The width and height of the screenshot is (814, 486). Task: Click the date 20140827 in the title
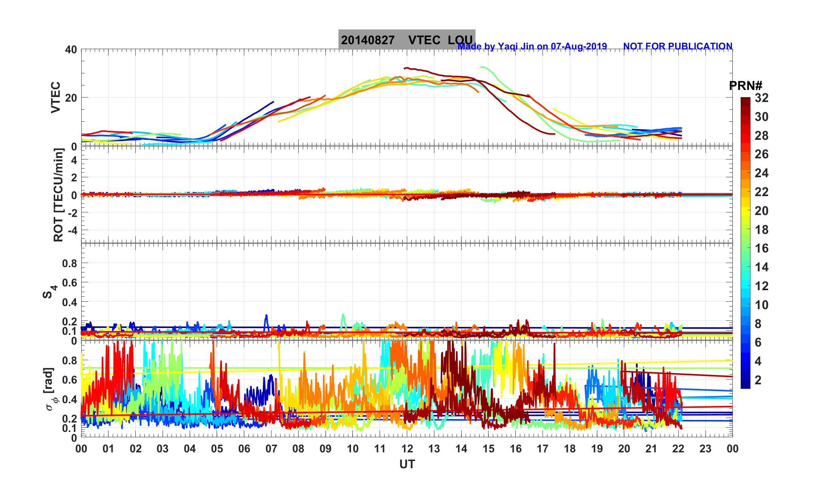(367, 40)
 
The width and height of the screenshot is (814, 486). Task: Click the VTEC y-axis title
(56, 97)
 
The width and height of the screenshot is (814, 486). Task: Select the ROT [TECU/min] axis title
(58, 195)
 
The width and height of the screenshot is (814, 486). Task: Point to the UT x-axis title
(407, 464)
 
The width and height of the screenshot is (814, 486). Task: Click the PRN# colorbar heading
(746, 86)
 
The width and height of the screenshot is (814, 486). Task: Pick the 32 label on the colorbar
(761, 98)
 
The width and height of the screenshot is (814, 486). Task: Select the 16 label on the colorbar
(761, 248)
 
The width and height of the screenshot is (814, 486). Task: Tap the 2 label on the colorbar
(758, 380)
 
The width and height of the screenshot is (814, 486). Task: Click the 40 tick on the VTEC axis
(71, 50)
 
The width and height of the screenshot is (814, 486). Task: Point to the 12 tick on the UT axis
(407, 449)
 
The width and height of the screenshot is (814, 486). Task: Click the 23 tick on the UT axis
(705, 449)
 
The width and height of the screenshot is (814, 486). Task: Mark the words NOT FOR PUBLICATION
(678, 46)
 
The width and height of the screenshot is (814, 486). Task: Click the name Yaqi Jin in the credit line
(516, 46)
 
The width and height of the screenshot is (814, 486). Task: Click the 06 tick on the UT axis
(244, 449)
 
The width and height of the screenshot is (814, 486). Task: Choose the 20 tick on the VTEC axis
(71, 98)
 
